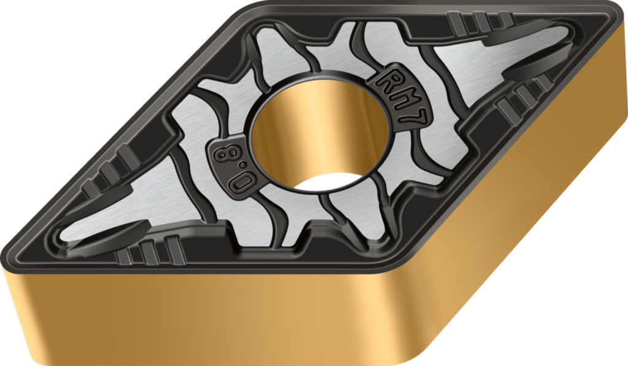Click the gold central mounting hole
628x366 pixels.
[319, 132]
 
